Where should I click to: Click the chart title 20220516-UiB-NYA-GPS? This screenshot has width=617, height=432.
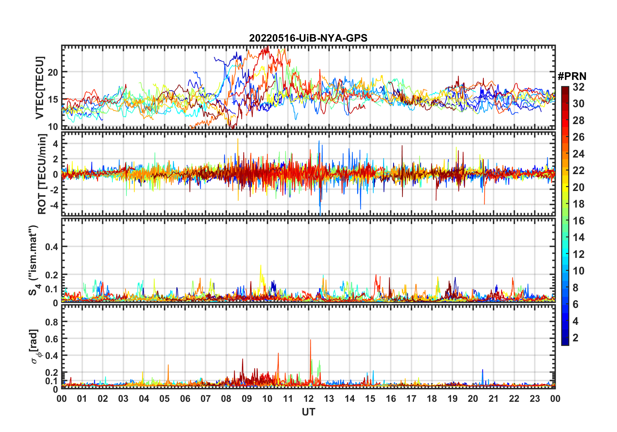pos(308,38)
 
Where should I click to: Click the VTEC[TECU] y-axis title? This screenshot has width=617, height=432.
pos(40,88)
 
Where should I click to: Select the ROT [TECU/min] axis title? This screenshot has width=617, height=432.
pos(42,174)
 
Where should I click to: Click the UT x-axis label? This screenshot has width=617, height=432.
pos(308,412)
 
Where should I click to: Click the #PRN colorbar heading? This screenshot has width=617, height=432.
pos(572,76)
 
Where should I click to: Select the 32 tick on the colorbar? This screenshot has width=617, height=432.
pos(578,87)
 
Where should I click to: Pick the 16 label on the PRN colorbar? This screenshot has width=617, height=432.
pos(578,221)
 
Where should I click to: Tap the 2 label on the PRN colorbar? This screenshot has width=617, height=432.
pos(575,338)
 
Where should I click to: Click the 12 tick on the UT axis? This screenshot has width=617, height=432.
pos(308,399)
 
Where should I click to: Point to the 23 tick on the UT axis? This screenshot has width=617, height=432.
pos(535,399)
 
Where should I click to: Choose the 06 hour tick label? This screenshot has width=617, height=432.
pos(185,399)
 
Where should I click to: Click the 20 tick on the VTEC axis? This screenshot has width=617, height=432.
pos(53,72)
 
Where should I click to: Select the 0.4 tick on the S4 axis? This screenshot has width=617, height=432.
pos(52,247)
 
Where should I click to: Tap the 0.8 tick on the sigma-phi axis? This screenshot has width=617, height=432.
pos(52,322)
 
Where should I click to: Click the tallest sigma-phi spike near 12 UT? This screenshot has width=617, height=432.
pos(310,340)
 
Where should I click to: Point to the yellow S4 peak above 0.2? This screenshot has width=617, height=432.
pos(260,266)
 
